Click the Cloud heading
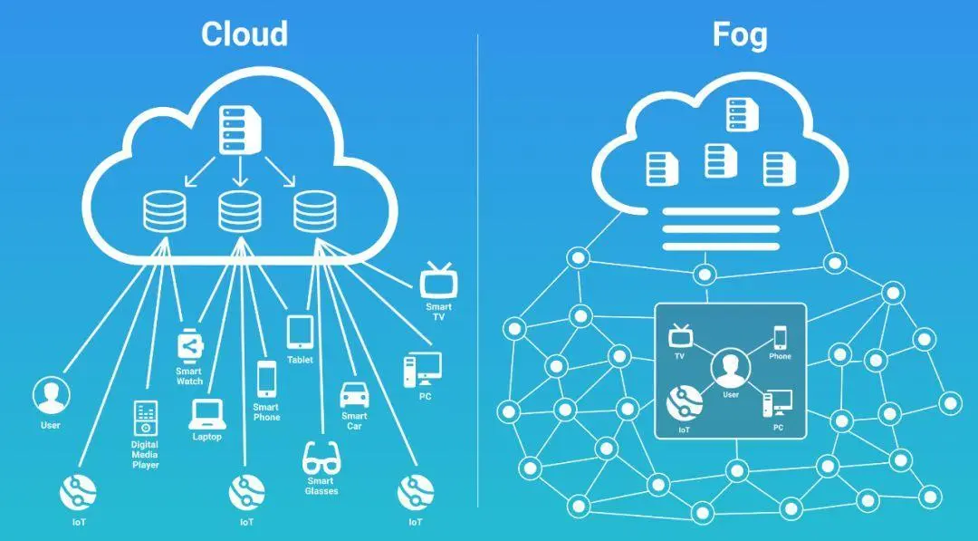click(x=244, y=34)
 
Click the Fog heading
click(x=739, y=34)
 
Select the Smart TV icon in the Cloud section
click(x=439, y=281)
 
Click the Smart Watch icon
click(x=189, y=345)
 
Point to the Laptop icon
click(x=206, y=413)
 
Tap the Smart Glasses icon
click(x=321, y=457)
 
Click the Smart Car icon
click(x=353, y=396)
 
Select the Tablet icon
click(x=300, y=332)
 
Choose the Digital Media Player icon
click(x=145, y=418)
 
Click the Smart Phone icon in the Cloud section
click(x=266, y=379)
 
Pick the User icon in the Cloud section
click(x=51, y=396)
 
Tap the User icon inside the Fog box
click(x=730, y=368)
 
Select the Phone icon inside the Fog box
click(x=780, y=337)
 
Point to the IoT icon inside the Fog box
click(x=684, y=401)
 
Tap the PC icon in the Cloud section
click(x=422, y=369)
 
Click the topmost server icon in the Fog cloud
click(x=739, y=115)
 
